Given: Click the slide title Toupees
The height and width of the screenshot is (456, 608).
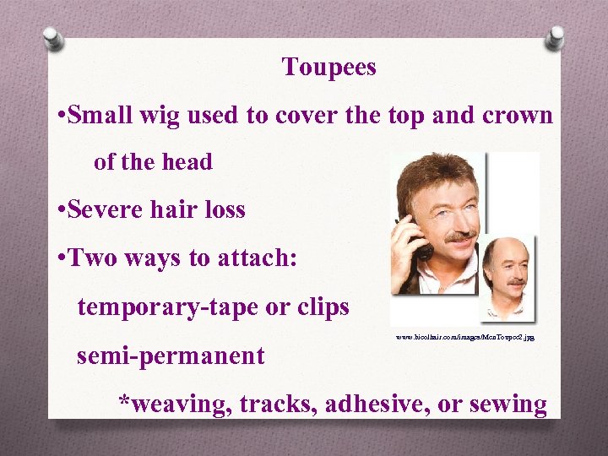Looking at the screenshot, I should pos(328,68).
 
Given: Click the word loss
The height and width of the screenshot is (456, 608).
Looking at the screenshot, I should pos(220,210).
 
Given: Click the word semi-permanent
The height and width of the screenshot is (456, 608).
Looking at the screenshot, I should pos(171,356).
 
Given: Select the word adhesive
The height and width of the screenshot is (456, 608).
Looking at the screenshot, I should pos(376,404).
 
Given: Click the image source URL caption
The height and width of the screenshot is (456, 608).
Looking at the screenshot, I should pos(465,337).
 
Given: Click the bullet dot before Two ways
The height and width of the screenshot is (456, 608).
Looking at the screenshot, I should pos(59,258).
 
